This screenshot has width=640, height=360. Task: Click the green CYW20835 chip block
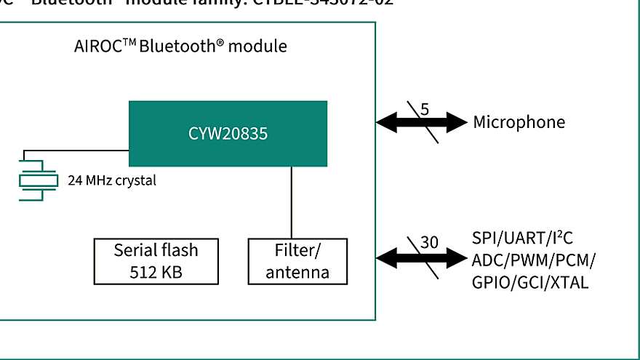tap(228, 134)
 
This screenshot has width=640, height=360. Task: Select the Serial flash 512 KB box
tap(156, 261)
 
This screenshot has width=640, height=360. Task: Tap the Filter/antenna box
tap(297, 261)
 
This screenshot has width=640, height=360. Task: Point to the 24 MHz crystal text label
tap(111, 180)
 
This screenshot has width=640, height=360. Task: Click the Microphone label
tap(519, 122)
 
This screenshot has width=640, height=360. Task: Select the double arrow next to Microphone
tap(421, 122)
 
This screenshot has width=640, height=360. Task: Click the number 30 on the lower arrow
tap(429, 243)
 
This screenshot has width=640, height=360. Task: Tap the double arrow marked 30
tap(421, 257)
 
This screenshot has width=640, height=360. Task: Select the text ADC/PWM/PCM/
tap(535, 260)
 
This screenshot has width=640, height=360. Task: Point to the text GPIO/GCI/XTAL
tap(530, 282)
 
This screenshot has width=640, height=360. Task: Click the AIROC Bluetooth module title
tap(180, 47)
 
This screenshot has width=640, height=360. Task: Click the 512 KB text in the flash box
tap(156, 273)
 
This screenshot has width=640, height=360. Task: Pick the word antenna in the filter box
tap(297, 273)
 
